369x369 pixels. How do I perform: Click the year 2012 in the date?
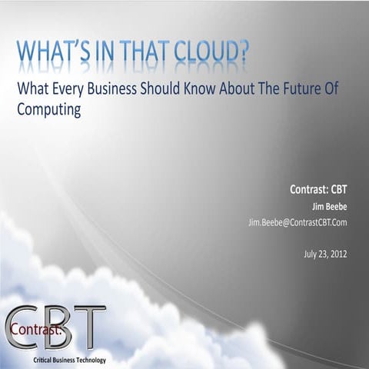[337, 254]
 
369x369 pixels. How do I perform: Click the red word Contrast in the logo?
[28, 330]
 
